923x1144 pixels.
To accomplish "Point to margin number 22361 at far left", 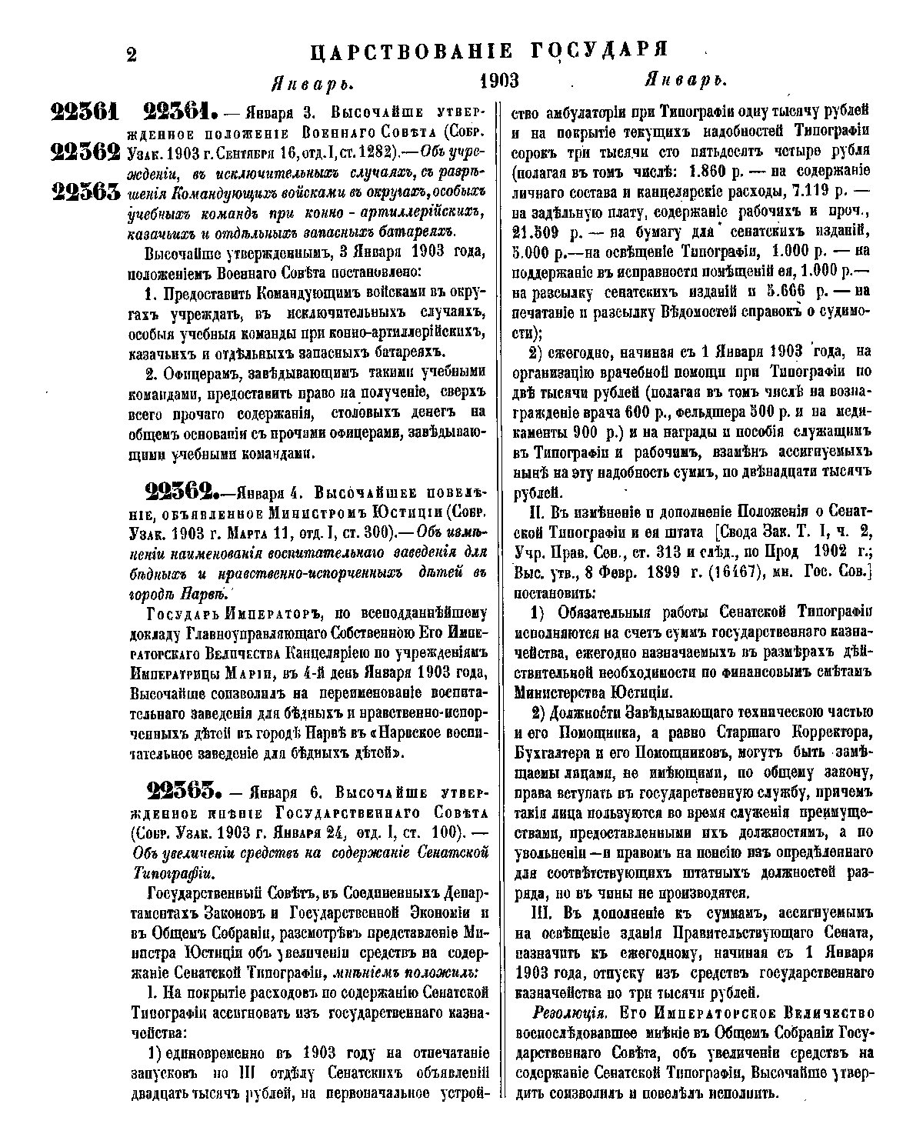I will click(84, 113).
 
